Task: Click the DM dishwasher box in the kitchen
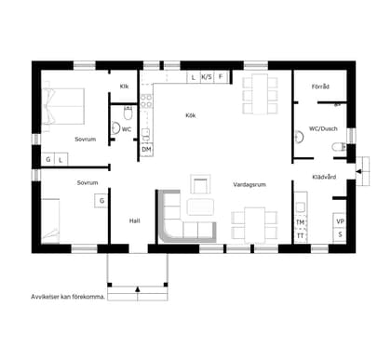coord(146,150)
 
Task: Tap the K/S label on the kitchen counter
coord(207,77)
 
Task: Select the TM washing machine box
coord(301,222)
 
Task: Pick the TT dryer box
coord(301,236)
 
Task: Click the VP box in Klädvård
coord(340,221)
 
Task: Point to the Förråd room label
coord(320,87)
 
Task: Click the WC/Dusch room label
coord(323,128)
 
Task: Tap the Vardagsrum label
coord(249,184)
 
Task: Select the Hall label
coord(135,220)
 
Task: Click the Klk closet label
coord(124,87)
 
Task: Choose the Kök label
coord(191,115)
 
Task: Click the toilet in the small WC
coord(128,113)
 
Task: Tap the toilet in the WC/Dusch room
coord(339,147)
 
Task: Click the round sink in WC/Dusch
coord(299,137)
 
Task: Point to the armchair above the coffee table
coord(200,184)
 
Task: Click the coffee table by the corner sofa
coord(200,207)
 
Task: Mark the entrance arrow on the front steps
coord(138,289)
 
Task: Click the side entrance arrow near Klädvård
coord(358,171)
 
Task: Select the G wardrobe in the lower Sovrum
coord(101,201)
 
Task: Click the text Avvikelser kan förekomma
coord(68,297)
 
